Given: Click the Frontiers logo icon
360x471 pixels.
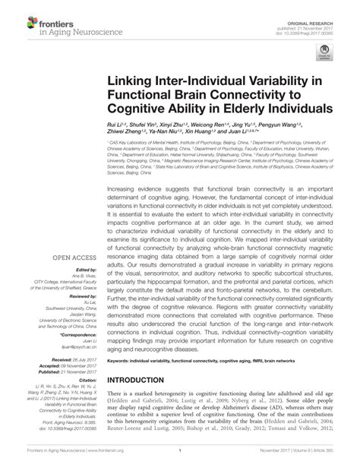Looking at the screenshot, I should pyautogui.click(x=17, y=17).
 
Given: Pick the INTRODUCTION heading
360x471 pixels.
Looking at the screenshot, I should pyautogui.click(x=142, y=380).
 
